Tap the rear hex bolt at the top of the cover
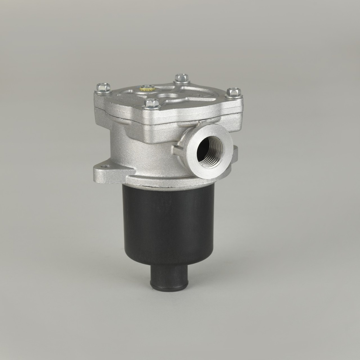[x=182, y=78]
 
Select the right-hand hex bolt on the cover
[x=234, y=92]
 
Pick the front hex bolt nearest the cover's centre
[x=152, y=103]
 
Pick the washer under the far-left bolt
[x=103, y=92]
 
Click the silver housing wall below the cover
[x=141, y=151]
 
